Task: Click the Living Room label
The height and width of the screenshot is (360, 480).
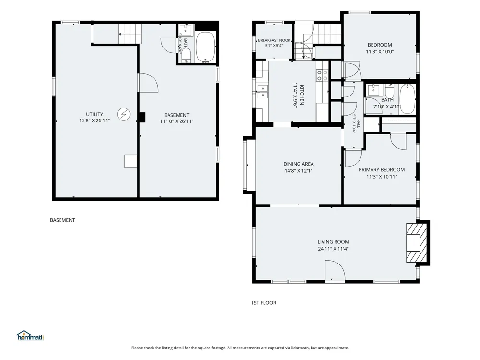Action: pos(333,242)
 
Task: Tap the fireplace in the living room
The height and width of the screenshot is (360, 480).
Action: pos(417,243)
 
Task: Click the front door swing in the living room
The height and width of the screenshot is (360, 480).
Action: pos(335,270)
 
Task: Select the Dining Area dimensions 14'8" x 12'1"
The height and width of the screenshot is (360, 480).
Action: pos(299,171)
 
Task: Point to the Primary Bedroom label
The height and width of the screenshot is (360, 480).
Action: pos(382,169)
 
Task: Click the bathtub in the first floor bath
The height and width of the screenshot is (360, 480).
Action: pos(407,99)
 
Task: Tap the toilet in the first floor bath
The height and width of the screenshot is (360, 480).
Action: pos(389,91)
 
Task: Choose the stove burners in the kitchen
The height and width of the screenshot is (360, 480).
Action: pos(322,75)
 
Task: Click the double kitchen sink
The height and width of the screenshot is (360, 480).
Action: pos(263,92)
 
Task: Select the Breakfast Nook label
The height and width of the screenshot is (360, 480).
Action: pos(274,40)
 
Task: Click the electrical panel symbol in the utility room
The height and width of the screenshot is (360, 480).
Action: pos(124,114)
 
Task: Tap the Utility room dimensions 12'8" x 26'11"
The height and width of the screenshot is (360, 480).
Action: pos(95,120)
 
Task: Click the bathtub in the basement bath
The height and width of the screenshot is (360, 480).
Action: pos(205,47)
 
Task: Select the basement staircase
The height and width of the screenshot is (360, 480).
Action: pos(130,34)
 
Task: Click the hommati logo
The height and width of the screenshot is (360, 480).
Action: pos(30,336)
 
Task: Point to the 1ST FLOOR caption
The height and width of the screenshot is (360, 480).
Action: pos(264,303)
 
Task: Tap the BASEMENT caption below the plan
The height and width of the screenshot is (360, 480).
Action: pos(62,220)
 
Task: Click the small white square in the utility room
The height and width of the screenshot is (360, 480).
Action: pos(131,161)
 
